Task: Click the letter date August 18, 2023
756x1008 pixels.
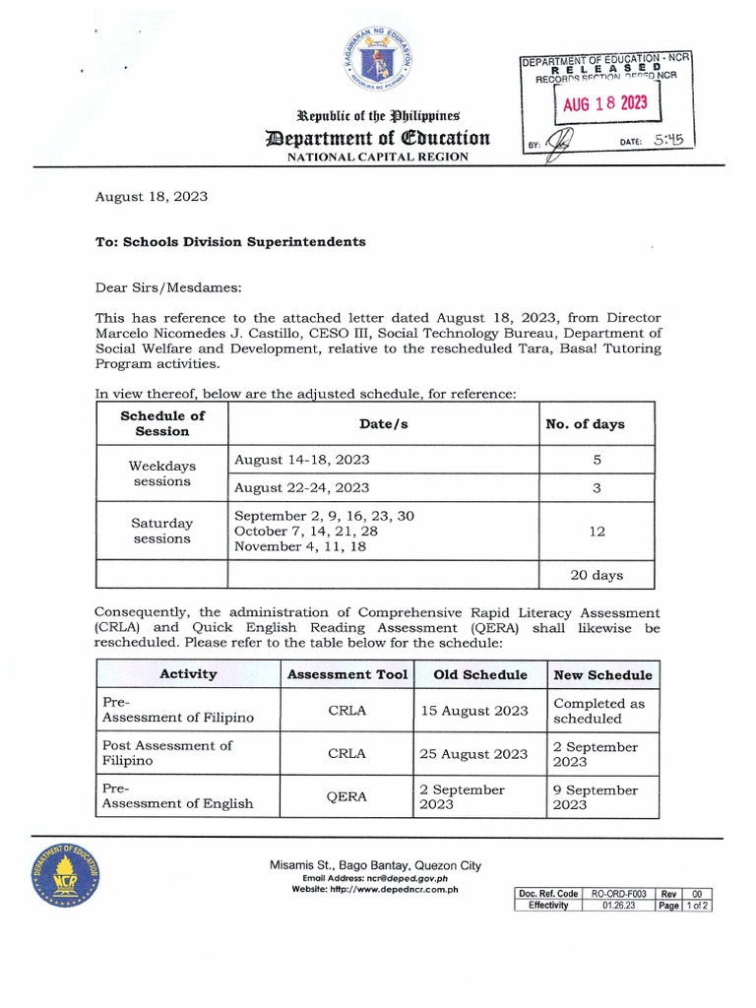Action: [x=151, y=197]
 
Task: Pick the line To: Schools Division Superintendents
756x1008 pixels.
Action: [x=229, y=241]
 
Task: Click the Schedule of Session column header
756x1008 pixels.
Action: [x=162, y=423]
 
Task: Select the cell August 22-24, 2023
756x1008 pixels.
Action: [x=301, y=487]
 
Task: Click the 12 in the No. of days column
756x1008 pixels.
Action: [x=597, y=531]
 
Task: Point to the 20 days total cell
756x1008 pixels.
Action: [x=597, y=575]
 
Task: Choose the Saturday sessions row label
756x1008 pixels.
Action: [x=162, y=531]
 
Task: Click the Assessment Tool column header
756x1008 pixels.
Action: [x=346, y=674]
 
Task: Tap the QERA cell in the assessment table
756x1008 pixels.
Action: [x=346, y=796]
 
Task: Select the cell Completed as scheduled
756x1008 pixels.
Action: [x=598, y=711]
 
